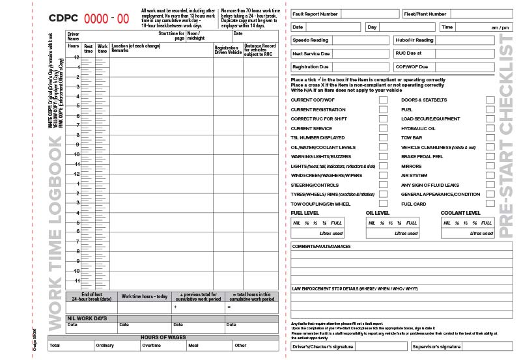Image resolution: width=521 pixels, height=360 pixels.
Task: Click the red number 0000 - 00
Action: [x=104, y=18]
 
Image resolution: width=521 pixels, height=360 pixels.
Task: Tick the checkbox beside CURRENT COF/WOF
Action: [x=383, y=100]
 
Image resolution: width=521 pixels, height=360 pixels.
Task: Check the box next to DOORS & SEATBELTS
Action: [x=490, y=100]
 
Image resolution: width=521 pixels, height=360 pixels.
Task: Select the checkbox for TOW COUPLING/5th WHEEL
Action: [x=383, y=204]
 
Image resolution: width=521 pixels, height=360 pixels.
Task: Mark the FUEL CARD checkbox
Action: [x=490, y=204]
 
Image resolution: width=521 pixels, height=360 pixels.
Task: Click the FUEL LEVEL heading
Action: [x=305, y=213]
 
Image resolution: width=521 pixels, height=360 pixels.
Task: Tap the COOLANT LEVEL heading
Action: [x=460, y=213]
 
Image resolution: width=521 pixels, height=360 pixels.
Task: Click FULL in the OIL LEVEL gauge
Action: [x=411, y=223]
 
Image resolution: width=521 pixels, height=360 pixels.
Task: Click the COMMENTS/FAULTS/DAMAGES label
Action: [x=321, y=246]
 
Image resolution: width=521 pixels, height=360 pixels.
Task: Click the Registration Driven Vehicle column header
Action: [x=228, y=49]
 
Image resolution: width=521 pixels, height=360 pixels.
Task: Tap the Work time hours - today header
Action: [x=145, y=296]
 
